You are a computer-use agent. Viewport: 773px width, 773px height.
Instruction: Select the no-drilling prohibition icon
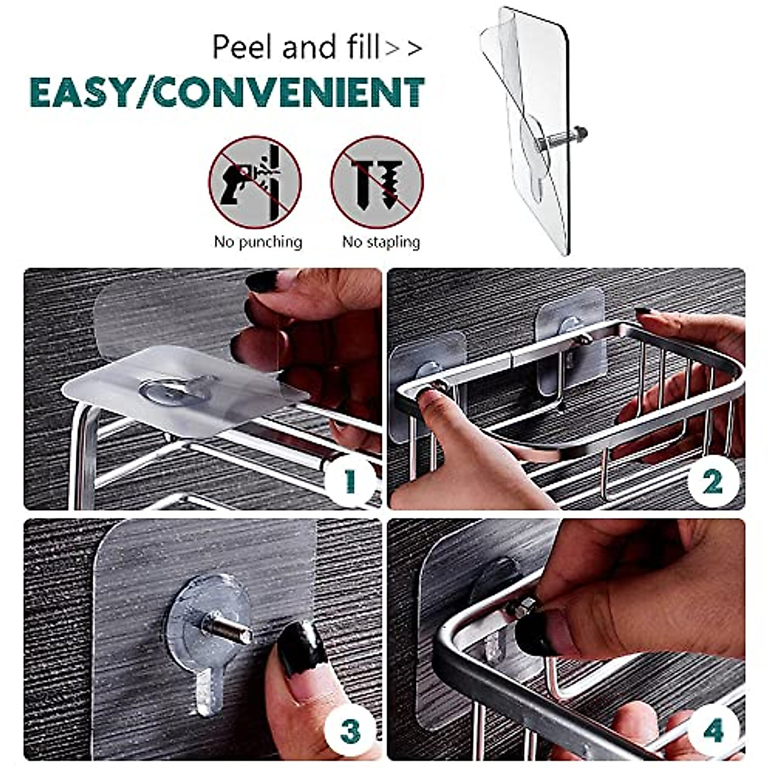point(255,182)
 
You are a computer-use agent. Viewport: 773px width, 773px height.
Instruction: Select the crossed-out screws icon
point(377,182)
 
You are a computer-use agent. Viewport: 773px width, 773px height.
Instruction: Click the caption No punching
point(258,242)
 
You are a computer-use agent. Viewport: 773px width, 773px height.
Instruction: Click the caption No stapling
point(381,242)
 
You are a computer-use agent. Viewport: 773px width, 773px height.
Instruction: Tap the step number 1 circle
point(350,481)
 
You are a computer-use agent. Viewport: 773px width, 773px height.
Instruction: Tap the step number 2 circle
point(712,481)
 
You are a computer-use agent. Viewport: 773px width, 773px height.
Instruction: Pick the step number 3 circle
point(350,731)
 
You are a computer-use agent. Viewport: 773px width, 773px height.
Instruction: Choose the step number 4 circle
point(712,731)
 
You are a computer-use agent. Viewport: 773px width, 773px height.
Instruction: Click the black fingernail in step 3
point(301,646)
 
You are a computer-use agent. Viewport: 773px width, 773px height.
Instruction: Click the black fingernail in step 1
point(262,281)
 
